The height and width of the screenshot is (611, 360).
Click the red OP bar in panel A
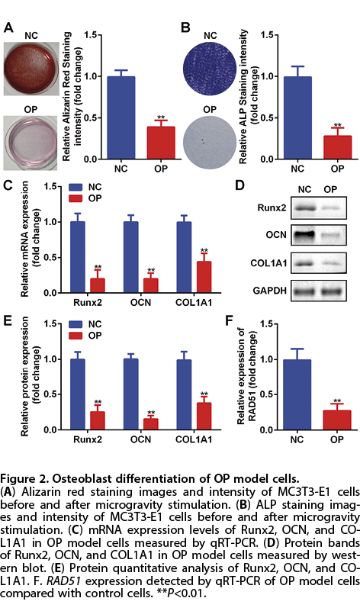click(x=161, y=143)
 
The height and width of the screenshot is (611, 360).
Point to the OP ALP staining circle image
click(x=210, y=141)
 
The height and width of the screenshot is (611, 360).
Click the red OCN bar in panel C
click(x=151, y=285)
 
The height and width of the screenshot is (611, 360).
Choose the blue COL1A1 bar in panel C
click(x=184, y=257)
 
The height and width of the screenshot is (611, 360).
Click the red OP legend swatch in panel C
click(x=76, y=199)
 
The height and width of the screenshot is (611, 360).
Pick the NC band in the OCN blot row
click(x=305, y=236)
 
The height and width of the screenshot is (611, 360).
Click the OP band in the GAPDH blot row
click(x=330, y=291)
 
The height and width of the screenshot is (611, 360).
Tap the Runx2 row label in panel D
click(x=272, y=207)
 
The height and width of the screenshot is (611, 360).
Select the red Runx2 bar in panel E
click(x=98, y=420)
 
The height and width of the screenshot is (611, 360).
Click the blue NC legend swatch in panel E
click(x=76, y=324)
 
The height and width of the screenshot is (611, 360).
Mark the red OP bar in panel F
click(x=337, y=420)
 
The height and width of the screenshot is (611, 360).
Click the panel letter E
click(x=7, y=320)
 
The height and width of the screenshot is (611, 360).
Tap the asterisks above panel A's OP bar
click(x=161, y=117)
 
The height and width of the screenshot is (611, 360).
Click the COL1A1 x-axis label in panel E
click(x=194, y=439)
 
